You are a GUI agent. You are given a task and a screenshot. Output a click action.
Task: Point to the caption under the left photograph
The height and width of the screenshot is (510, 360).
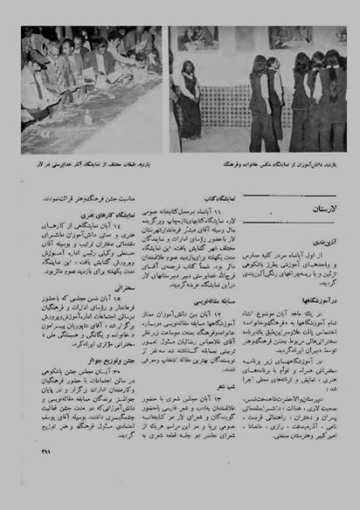(96, 162)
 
